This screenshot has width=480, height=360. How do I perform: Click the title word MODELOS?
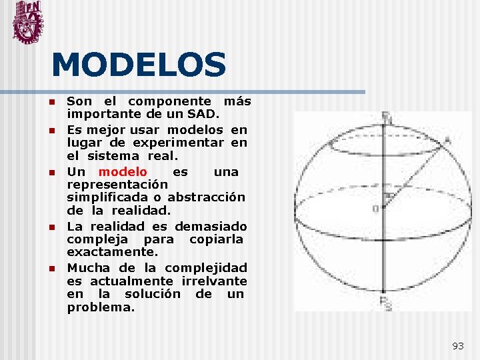pos(139,65)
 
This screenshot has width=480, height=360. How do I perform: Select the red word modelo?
pos(123,172)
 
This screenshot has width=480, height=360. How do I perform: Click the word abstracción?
pos(207,197)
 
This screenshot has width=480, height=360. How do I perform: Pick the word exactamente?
pos(112,252)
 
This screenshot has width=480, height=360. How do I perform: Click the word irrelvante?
pos(214,281)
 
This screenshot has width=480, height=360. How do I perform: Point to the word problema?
pos(101,308)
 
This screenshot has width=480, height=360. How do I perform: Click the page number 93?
pos(458,345)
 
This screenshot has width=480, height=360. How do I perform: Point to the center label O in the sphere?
pos(375,209)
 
